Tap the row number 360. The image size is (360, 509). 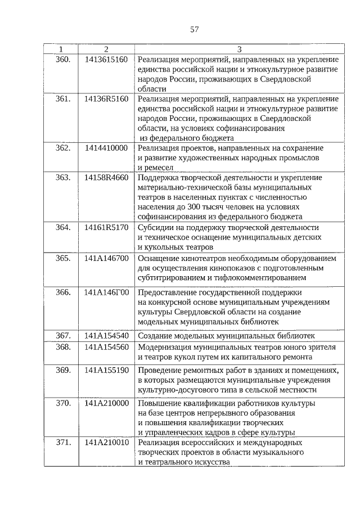[63, 59]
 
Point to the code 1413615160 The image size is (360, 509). [106, 59]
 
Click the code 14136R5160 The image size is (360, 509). [106, 99]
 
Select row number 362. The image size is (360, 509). [63, 148]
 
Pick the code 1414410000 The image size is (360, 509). [106, 148]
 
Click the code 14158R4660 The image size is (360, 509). [106, 178]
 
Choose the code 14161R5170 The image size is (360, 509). [106, 227]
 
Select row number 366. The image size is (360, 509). [63, 292]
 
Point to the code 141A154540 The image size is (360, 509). [106, 336]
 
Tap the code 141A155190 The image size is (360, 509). [106, 370]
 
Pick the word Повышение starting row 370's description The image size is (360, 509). [159, 403]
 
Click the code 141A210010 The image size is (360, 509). [106, 443]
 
